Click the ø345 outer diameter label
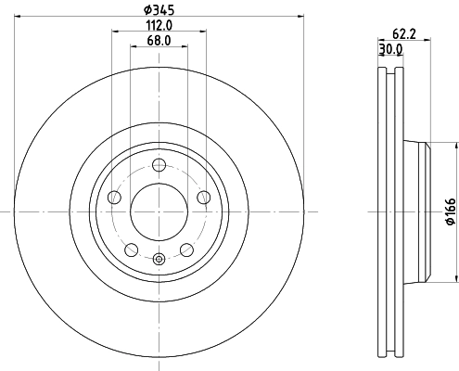coord(159,10)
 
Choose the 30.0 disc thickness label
coord(390,49)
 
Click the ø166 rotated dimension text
coord(450,211)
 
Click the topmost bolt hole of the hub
coord(159,166)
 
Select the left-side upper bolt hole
coord(114,198)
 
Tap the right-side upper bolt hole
coord(203,198)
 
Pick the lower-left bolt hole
coord(131,249)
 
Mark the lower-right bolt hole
coord(186,249)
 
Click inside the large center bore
coord(159,211)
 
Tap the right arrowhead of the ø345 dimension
coord(300,17)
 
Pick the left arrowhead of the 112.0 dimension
coord(115,32)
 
